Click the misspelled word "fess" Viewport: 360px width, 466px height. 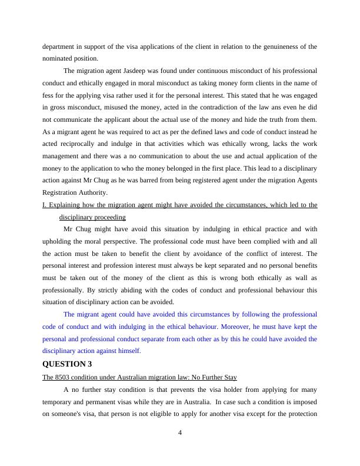point(49,95)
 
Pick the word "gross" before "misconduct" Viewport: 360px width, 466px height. point(56,108)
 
